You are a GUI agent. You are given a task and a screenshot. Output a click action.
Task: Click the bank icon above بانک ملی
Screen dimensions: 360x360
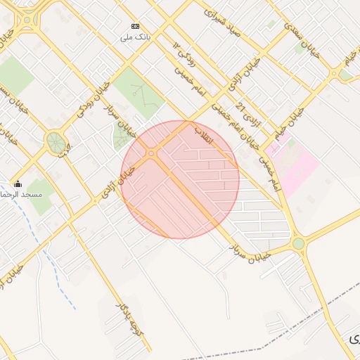tap(135, 26)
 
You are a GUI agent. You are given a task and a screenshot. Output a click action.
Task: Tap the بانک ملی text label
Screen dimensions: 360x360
tap(135, 37)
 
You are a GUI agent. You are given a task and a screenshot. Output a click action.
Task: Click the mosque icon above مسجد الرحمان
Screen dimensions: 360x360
tap(18, 184)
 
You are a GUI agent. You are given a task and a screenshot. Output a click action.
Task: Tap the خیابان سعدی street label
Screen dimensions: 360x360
tap(302, 39)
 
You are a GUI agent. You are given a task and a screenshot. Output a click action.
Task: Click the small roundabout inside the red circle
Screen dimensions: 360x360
tap(151, 153)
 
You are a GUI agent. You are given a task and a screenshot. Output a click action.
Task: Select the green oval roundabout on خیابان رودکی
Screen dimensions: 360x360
tap(56, 142)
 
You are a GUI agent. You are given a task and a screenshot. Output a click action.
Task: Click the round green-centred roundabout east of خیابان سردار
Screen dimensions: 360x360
tap(298, 244)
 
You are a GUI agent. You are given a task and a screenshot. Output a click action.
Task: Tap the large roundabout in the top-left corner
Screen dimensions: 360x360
tap(27, 20)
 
